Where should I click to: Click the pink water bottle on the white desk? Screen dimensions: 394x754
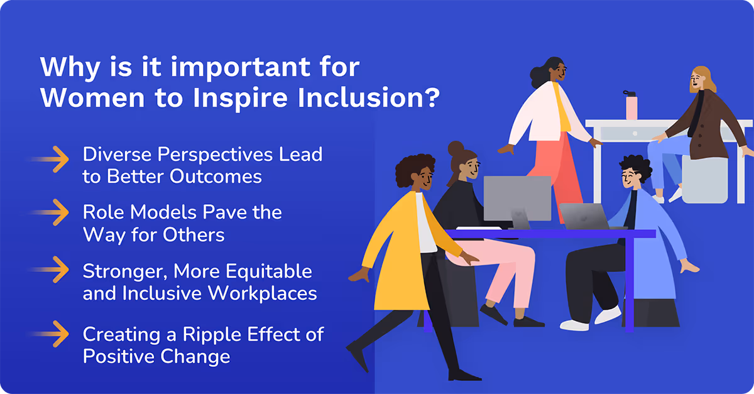630,105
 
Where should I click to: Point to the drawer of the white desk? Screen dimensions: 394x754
628,133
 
